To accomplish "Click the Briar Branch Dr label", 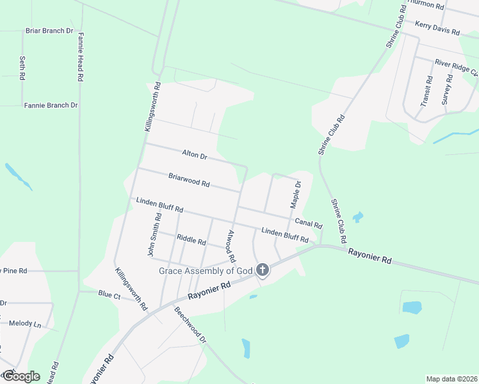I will [49, 31].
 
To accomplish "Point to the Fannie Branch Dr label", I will [51, 105].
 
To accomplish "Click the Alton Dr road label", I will [195, 156].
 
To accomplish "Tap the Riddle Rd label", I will [191, 241].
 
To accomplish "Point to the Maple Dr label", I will [295, 195].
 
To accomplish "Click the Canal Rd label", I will [308, 224].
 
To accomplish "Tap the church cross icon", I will [263, 271].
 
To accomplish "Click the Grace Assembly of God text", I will [206, 271].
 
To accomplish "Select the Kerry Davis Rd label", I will [437, 28].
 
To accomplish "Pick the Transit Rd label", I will [428, 91].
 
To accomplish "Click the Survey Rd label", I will [448, 90].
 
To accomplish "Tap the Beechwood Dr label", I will [191, 325].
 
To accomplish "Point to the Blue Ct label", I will [109, 295].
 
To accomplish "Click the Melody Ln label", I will [25, 324].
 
